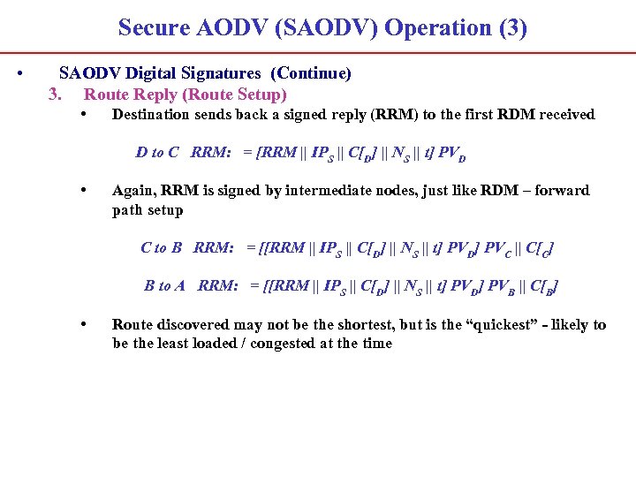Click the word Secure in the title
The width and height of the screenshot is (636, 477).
tap(155, 27)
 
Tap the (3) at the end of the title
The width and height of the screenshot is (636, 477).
tap(512, 27)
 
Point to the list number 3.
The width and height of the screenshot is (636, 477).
tap(55, 94)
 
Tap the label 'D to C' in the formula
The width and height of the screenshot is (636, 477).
tap(157, 152)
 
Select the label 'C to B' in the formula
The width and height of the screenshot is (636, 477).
tap(162, 247)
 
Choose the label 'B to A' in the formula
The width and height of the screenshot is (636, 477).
tap(165, 285)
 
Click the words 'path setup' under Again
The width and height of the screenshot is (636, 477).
tap(148, 210)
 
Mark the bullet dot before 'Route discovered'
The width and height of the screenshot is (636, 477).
tap(82, 323)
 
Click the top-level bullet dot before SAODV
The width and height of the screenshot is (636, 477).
tap(19, 72)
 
